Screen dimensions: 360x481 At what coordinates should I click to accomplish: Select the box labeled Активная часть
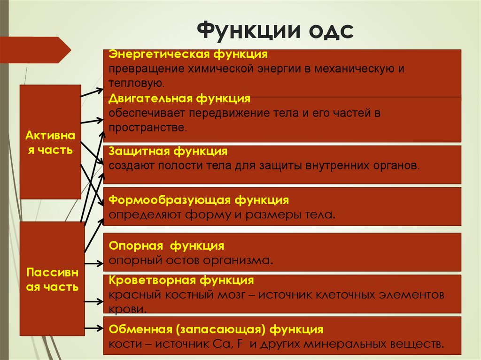pyautogui.click(x=50, y=142)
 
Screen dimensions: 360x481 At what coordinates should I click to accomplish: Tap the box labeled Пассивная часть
pyautogui.click(x=52, y=279)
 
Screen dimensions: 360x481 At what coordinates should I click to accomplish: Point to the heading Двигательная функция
pyautogui.click(x=179, y=99)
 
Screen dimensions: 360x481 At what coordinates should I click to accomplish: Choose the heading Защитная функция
pyautogui.click(x=168, y=152)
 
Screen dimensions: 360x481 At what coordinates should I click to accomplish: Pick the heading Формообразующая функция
pyautogui.click(x=199, y=200)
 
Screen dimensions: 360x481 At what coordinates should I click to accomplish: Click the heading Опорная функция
pyautogui.click(x=166, y=246)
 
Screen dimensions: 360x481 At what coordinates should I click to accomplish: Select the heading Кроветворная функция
pyautogui.click(x=181, y=281)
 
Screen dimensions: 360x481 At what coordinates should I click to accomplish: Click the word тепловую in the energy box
pyautogui.click(x=136, y=84)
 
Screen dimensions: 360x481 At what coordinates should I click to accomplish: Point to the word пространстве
pyautogui.click(x=147, y=128)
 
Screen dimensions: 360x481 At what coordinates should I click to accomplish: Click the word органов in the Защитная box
pyautogui.click(x=396, y=166)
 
